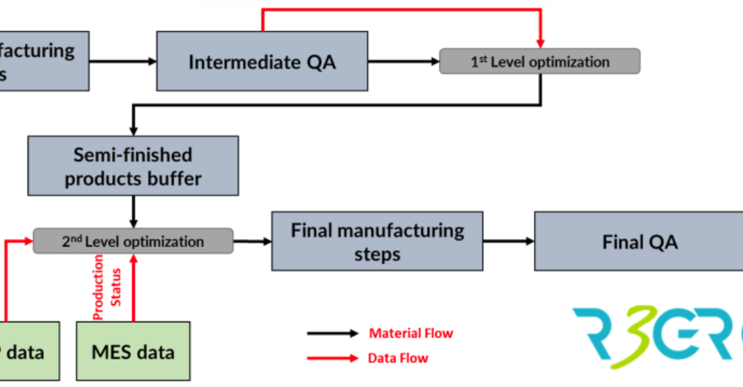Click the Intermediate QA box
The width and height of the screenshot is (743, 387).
click(261, 61)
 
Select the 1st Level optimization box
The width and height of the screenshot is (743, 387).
click(539, 61)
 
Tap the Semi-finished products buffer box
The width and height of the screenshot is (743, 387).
click(133, 165)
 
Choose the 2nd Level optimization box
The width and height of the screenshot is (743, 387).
click(133, 241)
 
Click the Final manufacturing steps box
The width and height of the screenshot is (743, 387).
click(377, 241)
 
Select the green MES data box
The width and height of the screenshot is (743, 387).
click(133, 351)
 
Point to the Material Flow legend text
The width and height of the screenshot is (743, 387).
click(411, 333)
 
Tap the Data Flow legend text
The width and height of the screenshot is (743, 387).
click(398, 357)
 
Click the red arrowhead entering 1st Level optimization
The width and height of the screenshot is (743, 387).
click(539, 43)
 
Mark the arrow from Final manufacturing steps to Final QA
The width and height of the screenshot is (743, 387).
click(508, 241)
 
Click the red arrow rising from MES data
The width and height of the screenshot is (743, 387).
click(133, 289)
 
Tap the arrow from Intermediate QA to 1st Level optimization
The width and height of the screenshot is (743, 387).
click(404, 61)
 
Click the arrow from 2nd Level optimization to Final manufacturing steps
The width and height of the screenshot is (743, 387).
click(252, 241)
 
